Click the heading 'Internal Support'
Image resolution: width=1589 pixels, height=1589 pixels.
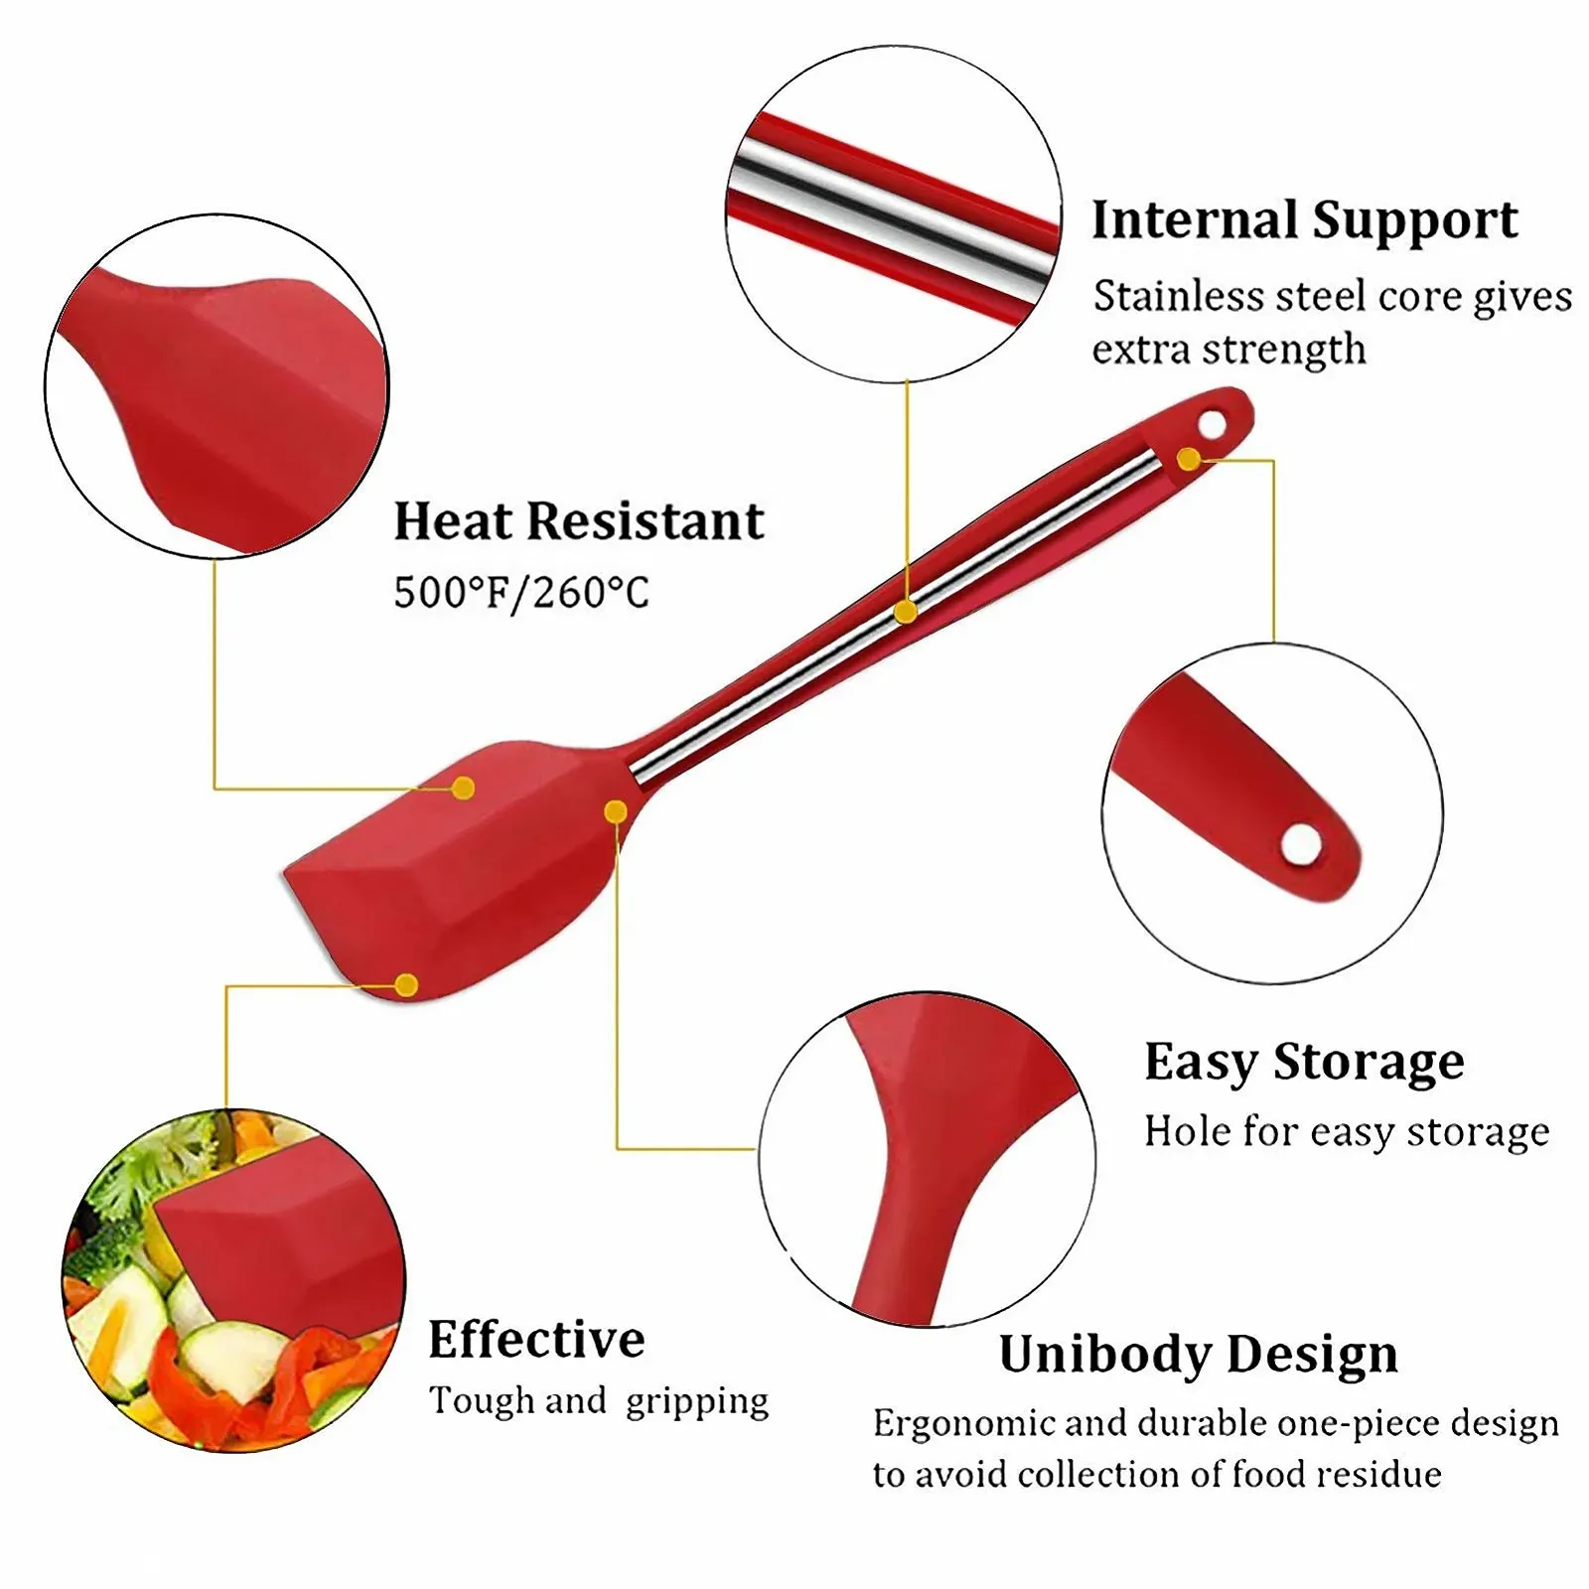point(1304,221)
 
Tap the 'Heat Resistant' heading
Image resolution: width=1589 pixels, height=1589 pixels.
point(579,521)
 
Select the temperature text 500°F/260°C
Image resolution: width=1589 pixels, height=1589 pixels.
point(521,592)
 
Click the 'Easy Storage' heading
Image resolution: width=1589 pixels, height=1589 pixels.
point(1304,1063)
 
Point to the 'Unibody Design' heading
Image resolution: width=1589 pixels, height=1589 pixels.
point(1199,1356)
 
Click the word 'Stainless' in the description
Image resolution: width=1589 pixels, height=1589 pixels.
point(1179,296)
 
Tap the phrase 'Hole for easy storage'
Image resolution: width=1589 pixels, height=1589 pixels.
point(1347,1132)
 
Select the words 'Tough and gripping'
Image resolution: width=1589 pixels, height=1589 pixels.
point(599,1402)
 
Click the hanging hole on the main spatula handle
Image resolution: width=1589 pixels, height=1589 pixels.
point(1212,425)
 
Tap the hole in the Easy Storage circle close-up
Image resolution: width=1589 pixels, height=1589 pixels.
point(1301,845)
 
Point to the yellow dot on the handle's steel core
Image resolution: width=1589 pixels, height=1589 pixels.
point(905,612)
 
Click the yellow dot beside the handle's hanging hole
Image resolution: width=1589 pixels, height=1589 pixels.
point(1189,459)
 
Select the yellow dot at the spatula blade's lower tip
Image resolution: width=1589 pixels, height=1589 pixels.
point(406,985)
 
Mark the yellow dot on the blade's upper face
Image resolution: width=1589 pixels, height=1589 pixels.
point(463,789)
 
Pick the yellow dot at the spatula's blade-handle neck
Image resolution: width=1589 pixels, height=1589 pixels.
point(616,812)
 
